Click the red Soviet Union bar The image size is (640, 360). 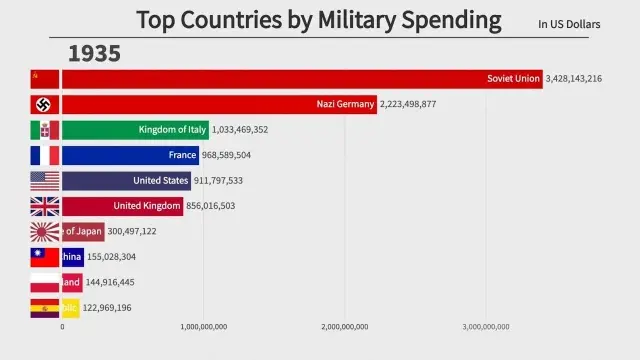pyautogui.click(x=300, y=79)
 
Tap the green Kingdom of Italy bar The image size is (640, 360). pyautogui.click(x=135, y=130)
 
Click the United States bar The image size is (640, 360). pyautogui.click(x=126, y=181)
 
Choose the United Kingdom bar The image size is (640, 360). pyautogui.click(x=122, y=206)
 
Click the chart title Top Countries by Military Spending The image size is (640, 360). pyautogui.click(x=319, y=19)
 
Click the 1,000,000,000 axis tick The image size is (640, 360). pyautogui.click(x=204, y=326)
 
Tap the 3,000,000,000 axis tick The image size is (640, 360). pyautogui.click(x=486, y=326)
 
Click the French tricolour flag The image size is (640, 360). pyautogui.click(x=45, y=155)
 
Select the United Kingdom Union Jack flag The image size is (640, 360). pyautogui.click(x=45, y=206)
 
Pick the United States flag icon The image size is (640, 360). pyautogui.click(x=45, y=181)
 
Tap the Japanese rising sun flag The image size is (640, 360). pyautogui.click(x=45, y=231)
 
